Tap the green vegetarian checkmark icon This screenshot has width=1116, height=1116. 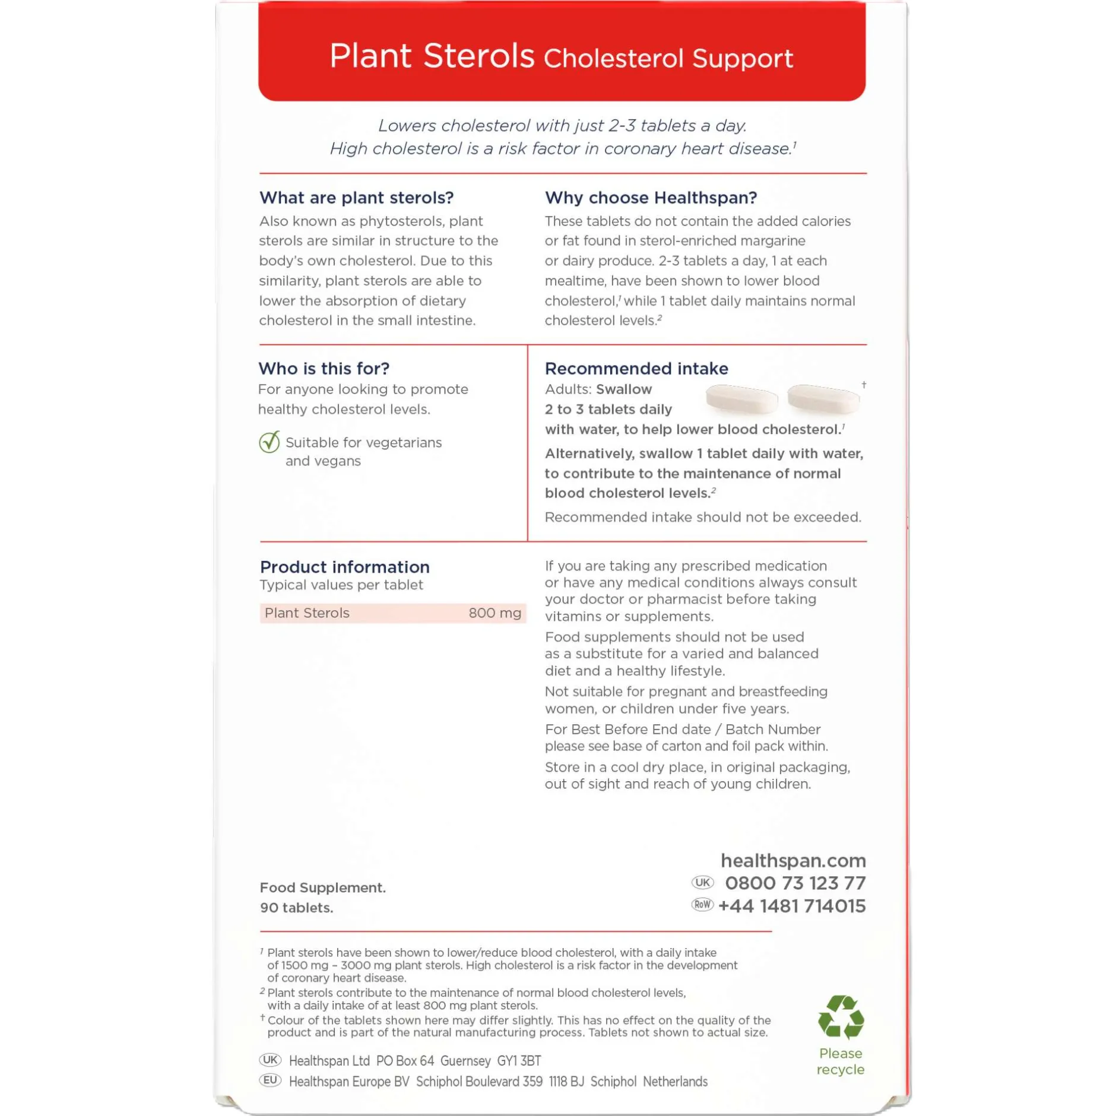click(269, 442)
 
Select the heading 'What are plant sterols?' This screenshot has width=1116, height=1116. click(356, 198)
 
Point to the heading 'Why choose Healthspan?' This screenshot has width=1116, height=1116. click(651, 198)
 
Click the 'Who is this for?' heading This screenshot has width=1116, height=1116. click(324, 369)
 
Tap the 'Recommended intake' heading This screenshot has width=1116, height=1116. click(636, 369)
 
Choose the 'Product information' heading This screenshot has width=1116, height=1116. click(344, 567)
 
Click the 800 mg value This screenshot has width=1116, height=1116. click(494, 613)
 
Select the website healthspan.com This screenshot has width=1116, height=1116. click(792, 860)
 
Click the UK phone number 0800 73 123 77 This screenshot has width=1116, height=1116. click(795, 883)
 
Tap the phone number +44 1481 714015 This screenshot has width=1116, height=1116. click(791, 906)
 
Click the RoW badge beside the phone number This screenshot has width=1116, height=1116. click(702, 905)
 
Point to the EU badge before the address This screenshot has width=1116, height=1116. click(270, 1080)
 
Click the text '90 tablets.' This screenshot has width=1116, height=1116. click(296, 908)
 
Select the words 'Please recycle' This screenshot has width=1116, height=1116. click(840, 1061)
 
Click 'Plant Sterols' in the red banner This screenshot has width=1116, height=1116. click(432, 56)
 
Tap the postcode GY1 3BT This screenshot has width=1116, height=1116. click(519, 1061)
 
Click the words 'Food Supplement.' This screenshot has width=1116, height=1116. click(322, 887)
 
